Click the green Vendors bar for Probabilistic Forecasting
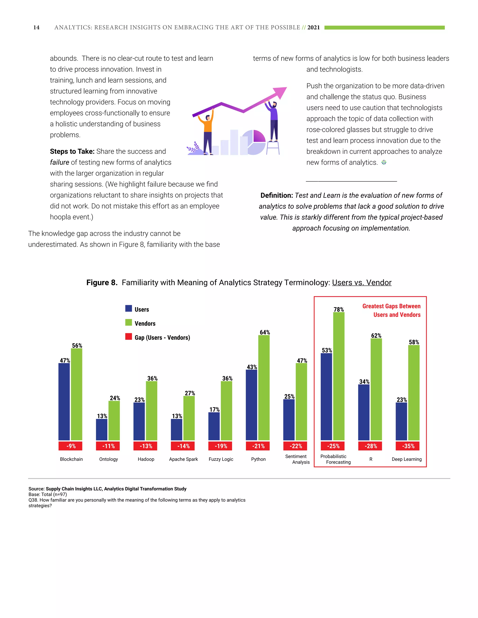point(339,376)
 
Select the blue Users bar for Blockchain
point(64,402)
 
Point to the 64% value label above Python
point(265,332)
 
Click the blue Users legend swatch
point(129,309)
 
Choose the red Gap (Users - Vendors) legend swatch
point(129,337)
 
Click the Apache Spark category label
point(183,459)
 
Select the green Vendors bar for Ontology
point(114,420)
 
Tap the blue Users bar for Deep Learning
point(401,421)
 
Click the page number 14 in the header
point(36,28)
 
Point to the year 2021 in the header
point(313,28)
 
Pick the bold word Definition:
point(276,195)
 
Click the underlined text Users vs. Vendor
point(362,282)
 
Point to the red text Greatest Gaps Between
point(391,306)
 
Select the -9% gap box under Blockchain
point(70,446)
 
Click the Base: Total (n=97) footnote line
point(48,494)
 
